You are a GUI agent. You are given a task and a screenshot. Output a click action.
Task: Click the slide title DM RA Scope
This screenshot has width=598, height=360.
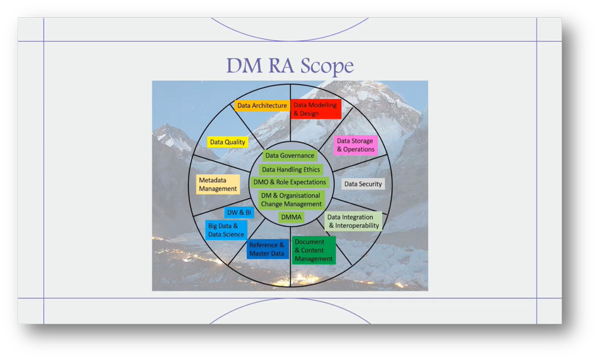point(289,65)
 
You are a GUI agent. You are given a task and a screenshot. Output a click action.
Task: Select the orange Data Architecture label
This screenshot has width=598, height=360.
point(262,106)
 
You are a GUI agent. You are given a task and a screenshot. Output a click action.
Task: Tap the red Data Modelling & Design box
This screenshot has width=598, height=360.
point(315,109)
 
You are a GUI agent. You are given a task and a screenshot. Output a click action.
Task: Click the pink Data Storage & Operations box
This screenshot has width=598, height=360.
point(355,145)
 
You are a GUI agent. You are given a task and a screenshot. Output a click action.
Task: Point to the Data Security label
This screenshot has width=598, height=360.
point(362,184)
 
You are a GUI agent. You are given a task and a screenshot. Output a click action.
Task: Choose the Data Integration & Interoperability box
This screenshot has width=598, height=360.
point(353,221)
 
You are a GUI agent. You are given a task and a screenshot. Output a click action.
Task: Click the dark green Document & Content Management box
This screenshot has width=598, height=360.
point(313,251)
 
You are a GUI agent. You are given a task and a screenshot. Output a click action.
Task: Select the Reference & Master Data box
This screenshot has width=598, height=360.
point(267,249)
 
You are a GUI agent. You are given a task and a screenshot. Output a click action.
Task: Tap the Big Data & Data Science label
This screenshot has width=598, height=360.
point(225,230)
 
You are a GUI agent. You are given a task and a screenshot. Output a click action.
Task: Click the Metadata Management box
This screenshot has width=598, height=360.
point(218,184)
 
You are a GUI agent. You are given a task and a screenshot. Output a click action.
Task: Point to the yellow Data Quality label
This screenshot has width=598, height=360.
point(227,142)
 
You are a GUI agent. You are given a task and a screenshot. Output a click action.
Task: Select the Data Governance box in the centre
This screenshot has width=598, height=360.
point(289,156)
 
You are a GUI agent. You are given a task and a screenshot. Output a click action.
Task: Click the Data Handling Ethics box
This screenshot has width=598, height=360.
point(291,170)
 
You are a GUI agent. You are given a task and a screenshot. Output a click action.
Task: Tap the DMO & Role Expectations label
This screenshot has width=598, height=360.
point(290,182)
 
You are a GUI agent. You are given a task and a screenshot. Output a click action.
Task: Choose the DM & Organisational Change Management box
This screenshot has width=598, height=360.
point(291,200)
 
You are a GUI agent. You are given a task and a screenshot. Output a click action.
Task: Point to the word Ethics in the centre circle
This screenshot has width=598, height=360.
point(310,170)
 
